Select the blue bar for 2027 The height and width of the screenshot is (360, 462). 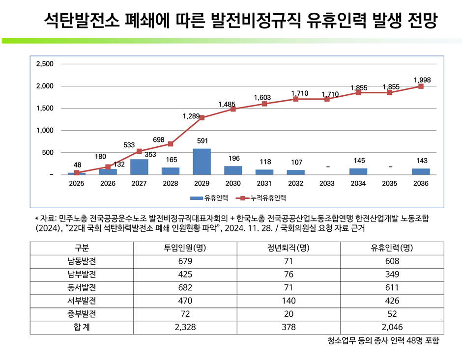(x=139, y=167)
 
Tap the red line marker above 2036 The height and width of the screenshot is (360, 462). (x=421, y=86)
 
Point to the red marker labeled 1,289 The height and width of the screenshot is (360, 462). (x=202, y=118)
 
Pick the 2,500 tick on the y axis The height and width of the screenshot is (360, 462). (x=45, y=64)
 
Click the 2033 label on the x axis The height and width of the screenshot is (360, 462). (x=327, y=184)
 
